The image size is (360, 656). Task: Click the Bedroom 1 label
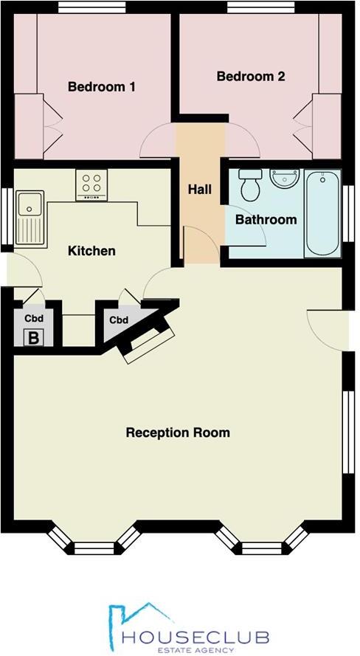coord(101,87)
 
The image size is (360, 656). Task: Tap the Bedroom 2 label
coord(251,76)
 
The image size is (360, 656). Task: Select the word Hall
coord(199,190)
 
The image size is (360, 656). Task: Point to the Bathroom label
coord(266,220)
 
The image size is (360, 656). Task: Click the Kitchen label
coord(91,251)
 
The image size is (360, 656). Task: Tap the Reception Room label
coord(177,432)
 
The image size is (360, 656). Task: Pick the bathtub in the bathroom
coord(322,213)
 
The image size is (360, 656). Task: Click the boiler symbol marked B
coord(32,339)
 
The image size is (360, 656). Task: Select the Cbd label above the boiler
coord(32,320)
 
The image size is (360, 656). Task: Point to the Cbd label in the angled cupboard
coord(119,320)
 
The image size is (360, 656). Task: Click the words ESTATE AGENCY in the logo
coord(196,650)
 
